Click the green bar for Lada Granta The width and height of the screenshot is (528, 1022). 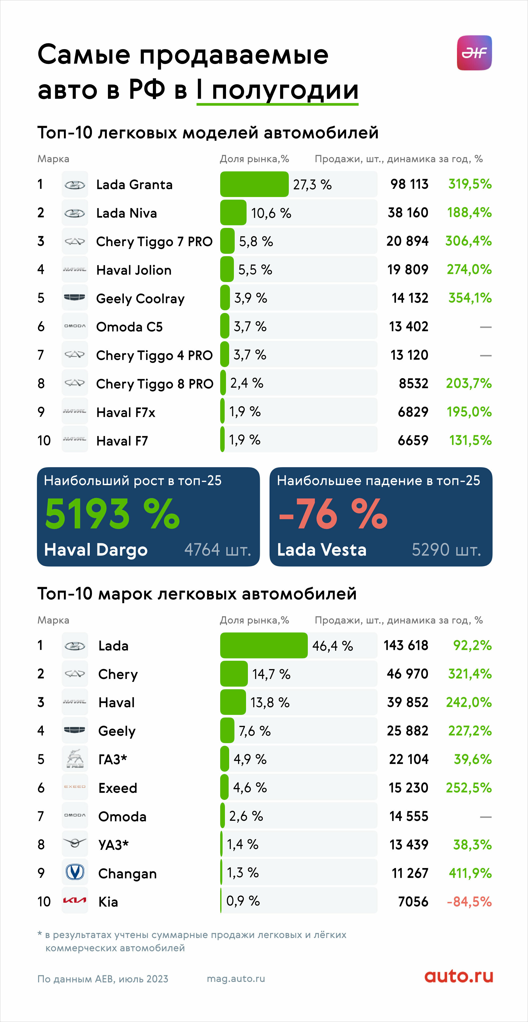[254, 184]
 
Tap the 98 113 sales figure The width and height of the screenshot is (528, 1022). [409, 184]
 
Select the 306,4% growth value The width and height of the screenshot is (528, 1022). [469, 241]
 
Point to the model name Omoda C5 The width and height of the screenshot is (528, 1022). [129, 327]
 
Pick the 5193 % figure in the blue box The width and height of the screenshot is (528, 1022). [112, 514]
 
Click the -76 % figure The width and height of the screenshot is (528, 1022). [333, 514]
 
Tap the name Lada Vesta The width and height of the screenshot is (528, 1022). [322, 550]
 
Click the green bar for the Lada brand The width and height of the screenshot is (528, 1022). [264, 645]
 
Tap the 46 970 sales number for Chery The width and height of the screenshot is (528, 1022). [407, 674]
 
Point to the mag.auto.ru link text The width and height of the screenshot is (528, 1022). [236, 979]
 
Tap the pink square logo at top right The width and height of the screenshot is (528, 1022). [474, 53]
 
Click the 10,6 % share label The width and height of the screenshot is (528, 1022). [271, 213]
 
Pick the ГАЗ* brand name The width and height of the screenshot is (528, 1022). [113, 759]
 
